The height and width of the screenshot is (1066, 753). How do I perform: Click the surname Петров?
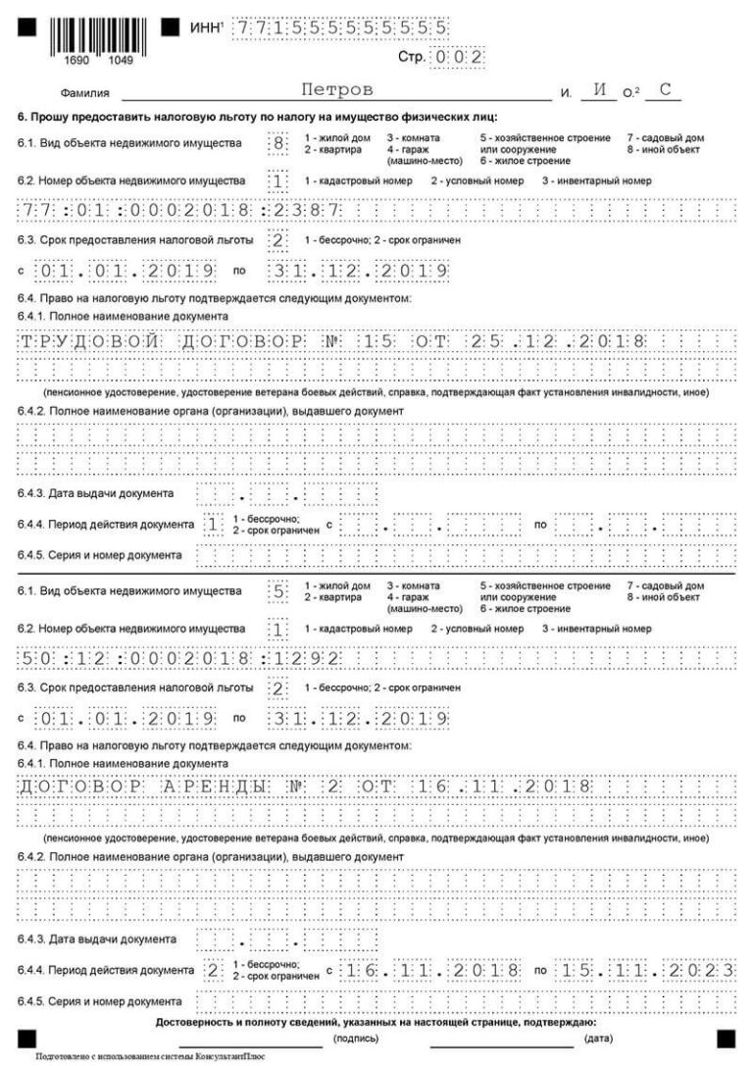[x=337, y=90]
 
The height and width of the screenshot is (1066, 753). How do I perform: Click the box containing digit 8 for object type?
[x=279, y=143]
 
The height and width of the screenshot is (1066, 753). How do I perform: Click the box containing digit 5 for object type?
[x=279, y=591]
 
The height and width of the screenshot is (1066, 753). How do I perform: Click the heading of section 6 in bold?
[x=258, y=118]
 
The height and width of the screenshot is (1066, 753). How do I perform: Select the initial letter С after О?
[x=665, y=91]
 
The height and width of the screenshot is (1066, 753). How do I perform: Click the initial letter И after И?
[x=599, y=91]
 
